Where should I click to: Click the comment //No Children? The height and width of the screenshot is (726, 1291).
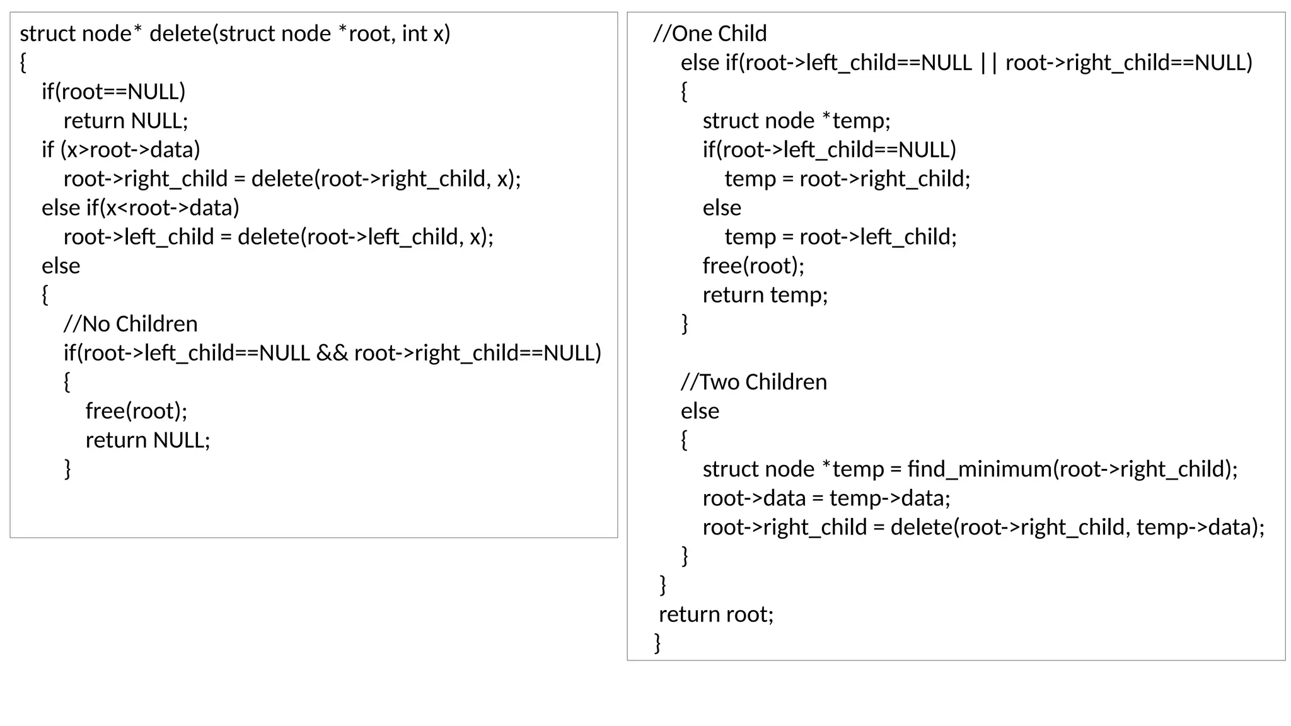(x=130, y=324)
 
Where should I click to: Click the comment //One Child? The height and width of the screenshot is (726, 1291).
(x=710, y=33)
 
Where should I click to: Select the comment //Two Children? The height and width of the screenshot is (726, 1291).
(x=753, y=382)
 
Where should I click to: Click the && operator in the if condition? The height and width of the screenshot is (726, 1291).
(x=332, y=353)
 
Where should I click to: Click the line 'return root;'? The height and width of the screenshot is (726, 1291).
(x=716, y=614)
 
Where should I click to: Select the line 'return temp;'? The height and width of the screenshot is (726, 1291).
(x=765, y=295)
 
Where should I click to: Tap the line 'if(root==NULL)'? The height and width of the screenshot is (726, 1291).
(x=113, y=92)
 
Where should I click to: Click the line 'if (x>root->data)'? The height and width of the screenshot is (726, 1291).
(x=121, y=150)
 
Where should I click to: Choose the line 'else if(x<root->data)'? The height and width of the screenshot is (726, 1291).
(x=141, y=208)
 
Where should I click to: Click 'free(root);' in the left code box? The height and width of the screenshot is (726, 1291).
(x=136, y=411)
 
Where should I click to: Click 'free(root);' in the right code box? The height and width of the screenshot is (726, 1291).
(x=753, y=266)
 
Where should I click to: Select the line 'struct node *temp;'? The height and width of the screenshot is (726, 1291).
(x=796, y=121)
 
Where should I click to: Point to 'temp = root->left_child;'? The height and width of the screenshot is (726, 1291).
(x=840, y=237)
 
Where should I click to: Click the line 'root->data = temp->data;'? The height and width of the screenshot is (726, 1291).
(x=826, y=498)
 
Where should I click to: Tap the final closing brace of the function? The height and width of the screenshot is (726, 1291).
(x=657, y=643)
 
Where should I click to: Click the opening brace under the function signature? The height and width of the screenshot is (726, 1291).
(x=23, y=63)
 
